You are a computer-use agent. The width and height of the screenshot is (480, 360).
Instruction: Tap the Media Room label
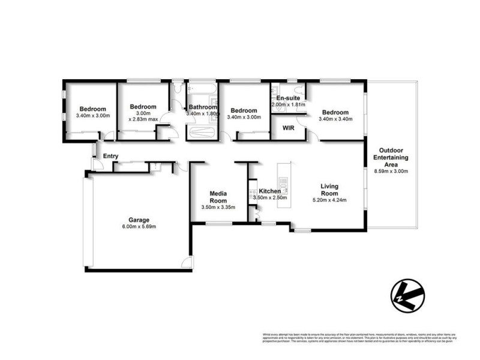(218, 197)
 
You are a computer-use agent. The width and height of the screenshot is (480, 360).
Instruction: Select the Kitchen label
(270, 191)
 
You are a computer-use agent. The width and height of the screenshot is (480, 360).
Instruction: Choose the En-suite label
(288, 98)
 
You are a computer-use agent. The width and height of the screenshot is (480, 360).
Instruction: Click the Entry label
(110, 157)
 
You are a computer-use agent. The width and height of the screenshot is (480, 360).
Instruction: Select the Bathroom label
(203, 107)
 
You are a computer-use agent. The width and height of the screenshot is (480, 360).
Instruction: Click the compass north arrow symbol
(407, 293)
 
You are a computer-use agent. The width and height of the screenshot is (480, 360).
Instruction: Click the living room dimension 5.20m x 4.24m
(329, 200)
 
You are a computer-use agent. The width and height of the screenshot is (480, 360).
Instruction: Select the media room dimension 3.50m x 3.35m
(218, 208)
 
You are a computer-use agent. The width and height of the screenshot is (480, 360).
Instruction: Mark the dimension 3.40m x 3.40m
(335, 119)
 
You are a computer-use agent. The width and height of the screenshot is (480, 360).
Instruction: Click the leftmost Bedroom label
(93, 109)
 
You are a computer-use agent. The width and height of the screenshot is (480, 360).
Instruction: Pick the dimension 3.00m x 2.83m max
(143, 116)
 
